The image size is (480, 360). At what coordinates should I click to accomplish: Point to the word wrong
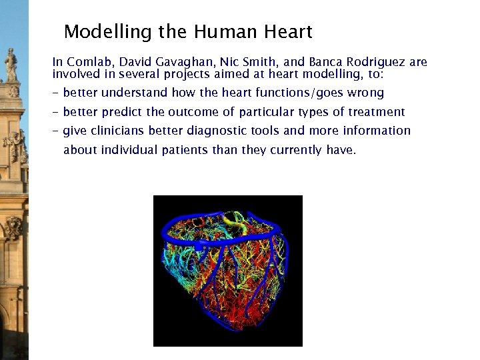click(365, 93)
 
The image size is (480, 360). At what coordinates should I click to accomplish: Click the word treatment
click(377, 112)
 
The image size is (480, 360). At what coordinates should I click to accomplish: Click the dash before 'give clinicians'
click(56, 131)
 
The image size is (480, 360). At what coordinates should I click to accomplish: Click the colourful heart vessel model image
click(227, 271)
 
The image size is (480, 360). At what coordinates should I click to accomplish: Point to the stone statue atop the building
click(11, 65)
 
